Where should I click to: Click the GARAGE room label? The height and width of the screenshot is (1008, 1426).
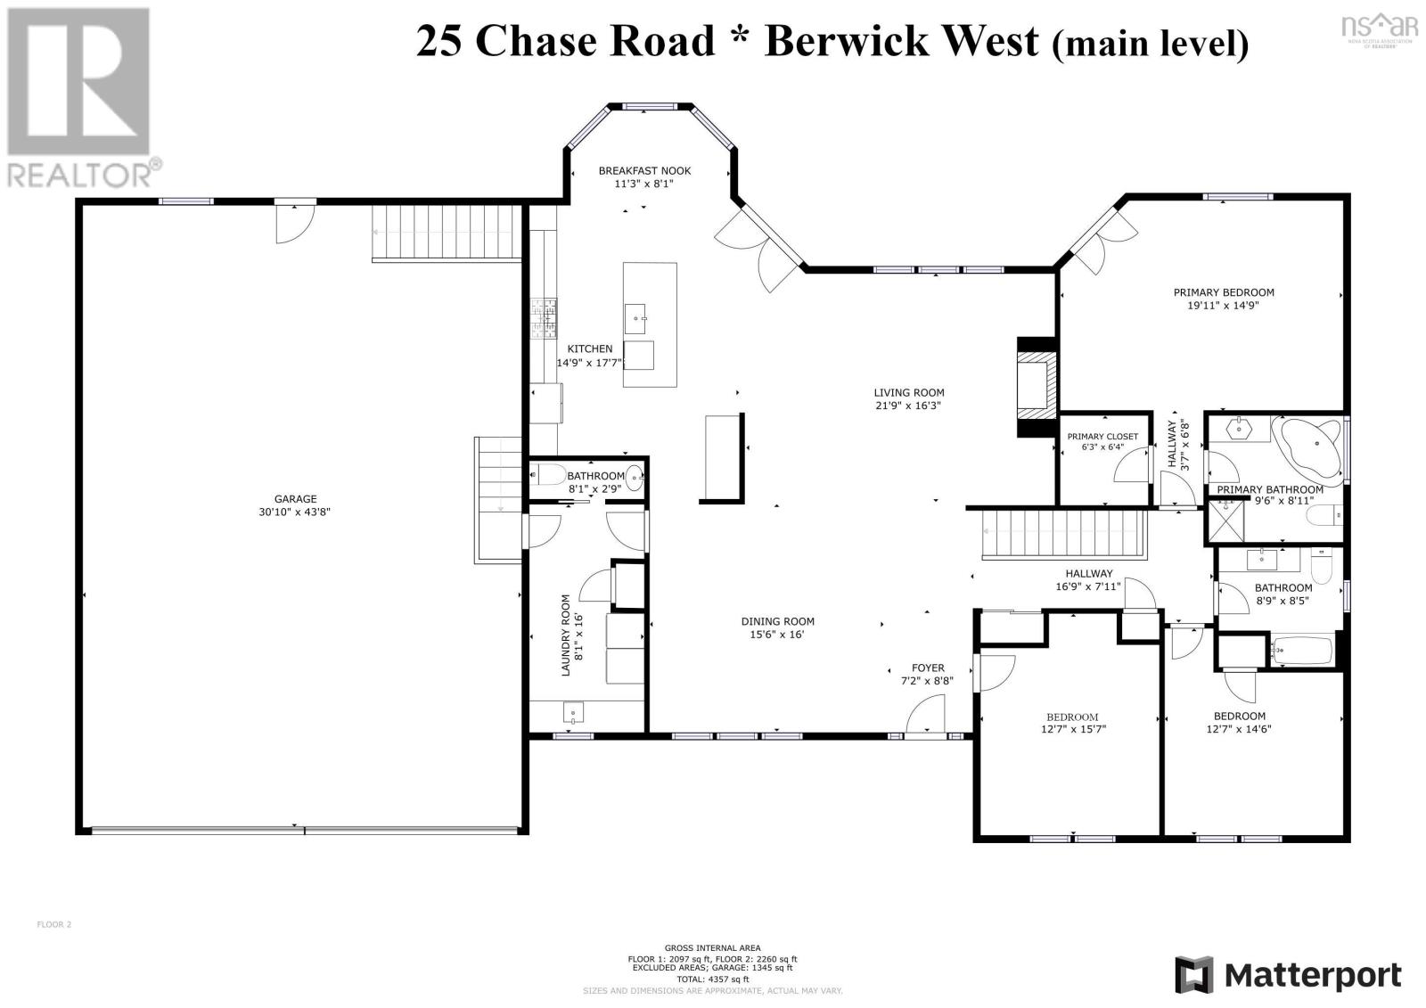coord(295,499)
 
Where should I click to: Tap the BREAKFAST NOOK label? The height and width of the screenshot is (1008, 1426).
coord(643,171)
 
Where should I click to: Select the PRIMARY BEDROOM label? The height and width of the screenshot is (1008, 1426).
coord(1223,292)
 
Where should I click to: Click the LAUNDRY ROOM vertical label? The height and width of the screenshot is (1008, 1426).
coord(565,635)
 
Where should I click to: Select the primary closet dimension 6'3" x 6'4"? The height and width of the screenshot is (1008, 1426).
coord(1102,447)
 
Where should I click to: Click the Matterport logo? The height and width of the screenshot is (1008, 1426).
coord(1287,975)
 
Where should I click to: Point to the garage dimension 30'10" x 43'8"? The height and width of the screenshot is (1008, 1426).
coord(295,512)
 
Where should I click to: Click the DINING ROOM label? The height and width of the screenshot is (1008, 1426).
coord(777,622)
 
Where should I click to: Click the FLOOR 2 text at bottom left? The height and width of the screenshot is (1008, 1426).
coord(53,924)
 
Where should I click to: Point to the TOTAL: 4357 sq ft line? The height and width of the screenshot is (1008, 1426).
coord(712,979)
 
